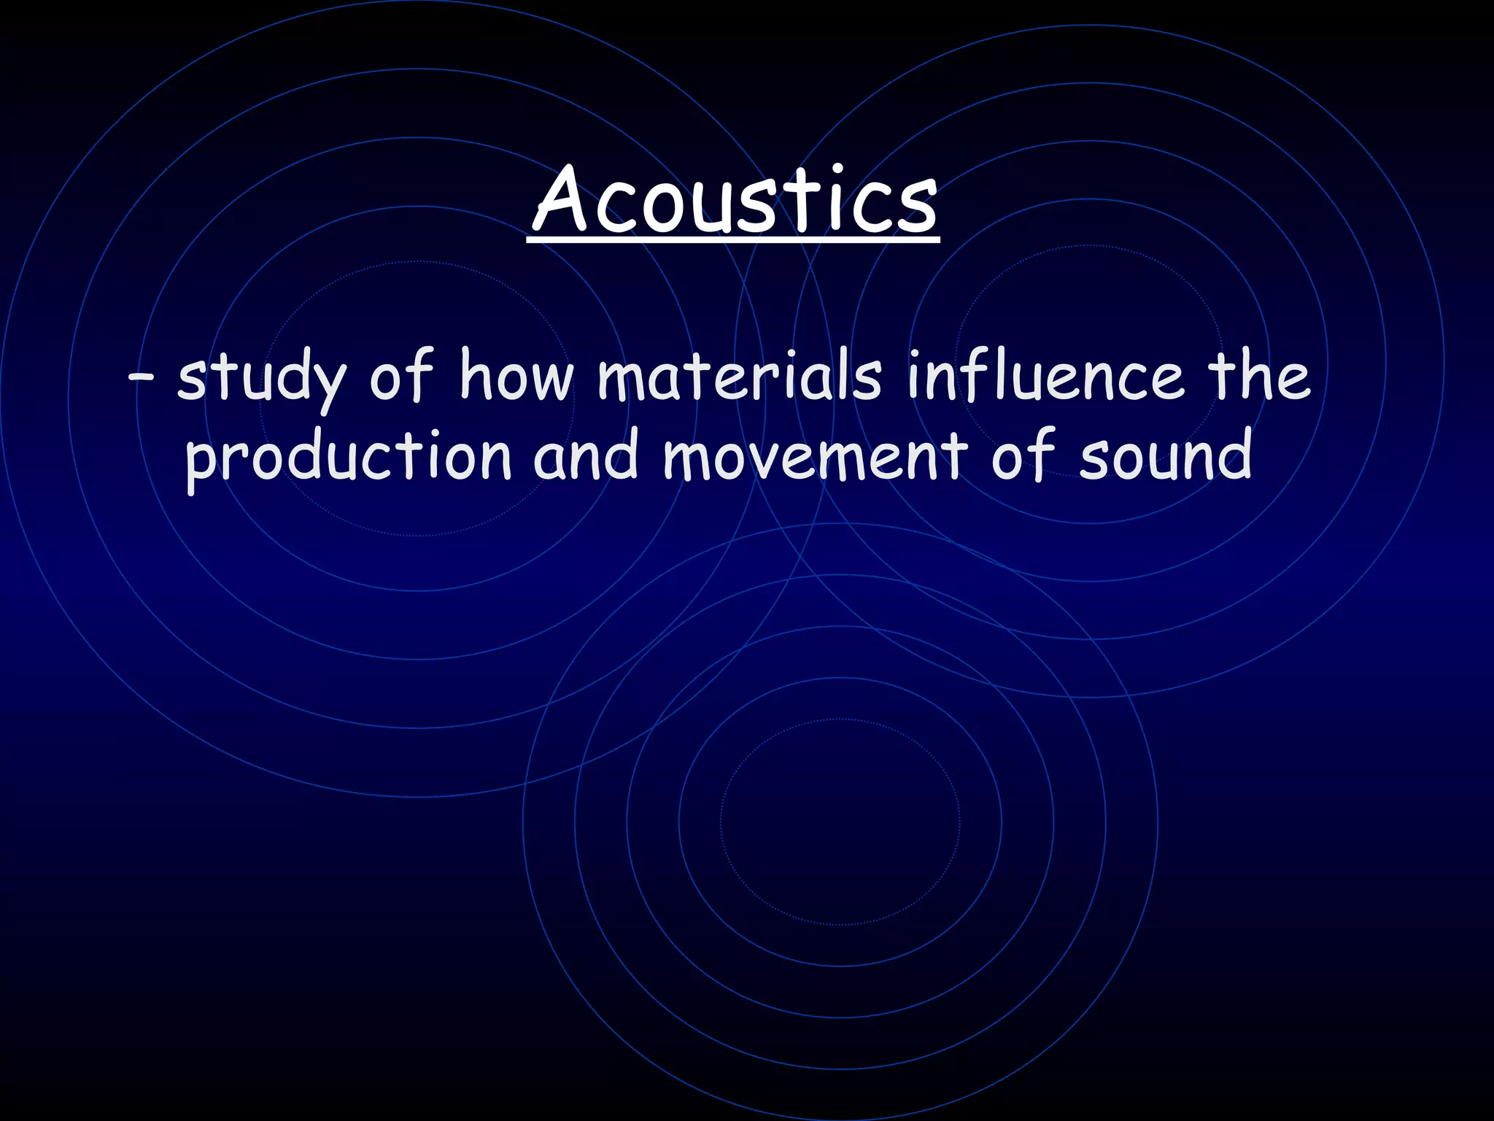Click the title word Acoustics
(x=734, y=200)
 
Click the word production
(x=349, y=457)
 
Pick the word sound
(x=1165, y=455)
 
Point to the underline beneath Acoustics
(x=734, y=237)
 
